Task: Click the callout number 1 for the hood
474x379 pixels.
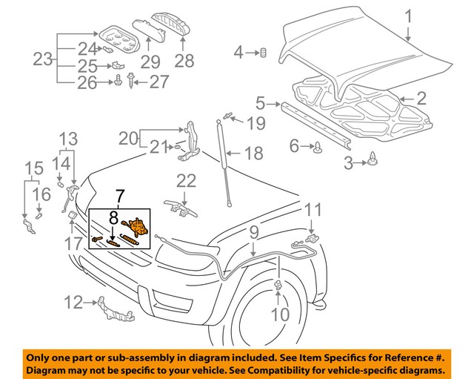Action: click(x=407, y=14)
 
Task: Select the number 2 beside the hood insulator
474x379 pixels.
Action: click(x=421, y=97)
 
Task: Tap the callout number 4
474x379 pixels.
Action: click(x=238, y=52)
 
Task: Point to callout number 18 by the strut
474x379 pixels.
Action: click(x=253, y=154)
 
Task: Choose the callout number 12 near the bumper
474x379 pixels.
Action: click(x=73, y=302)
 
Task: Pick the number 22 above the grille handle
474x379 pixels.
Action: click(x=186, y=181)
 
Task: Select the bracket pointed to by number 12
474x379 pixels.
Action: click(x=113, y=308)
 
